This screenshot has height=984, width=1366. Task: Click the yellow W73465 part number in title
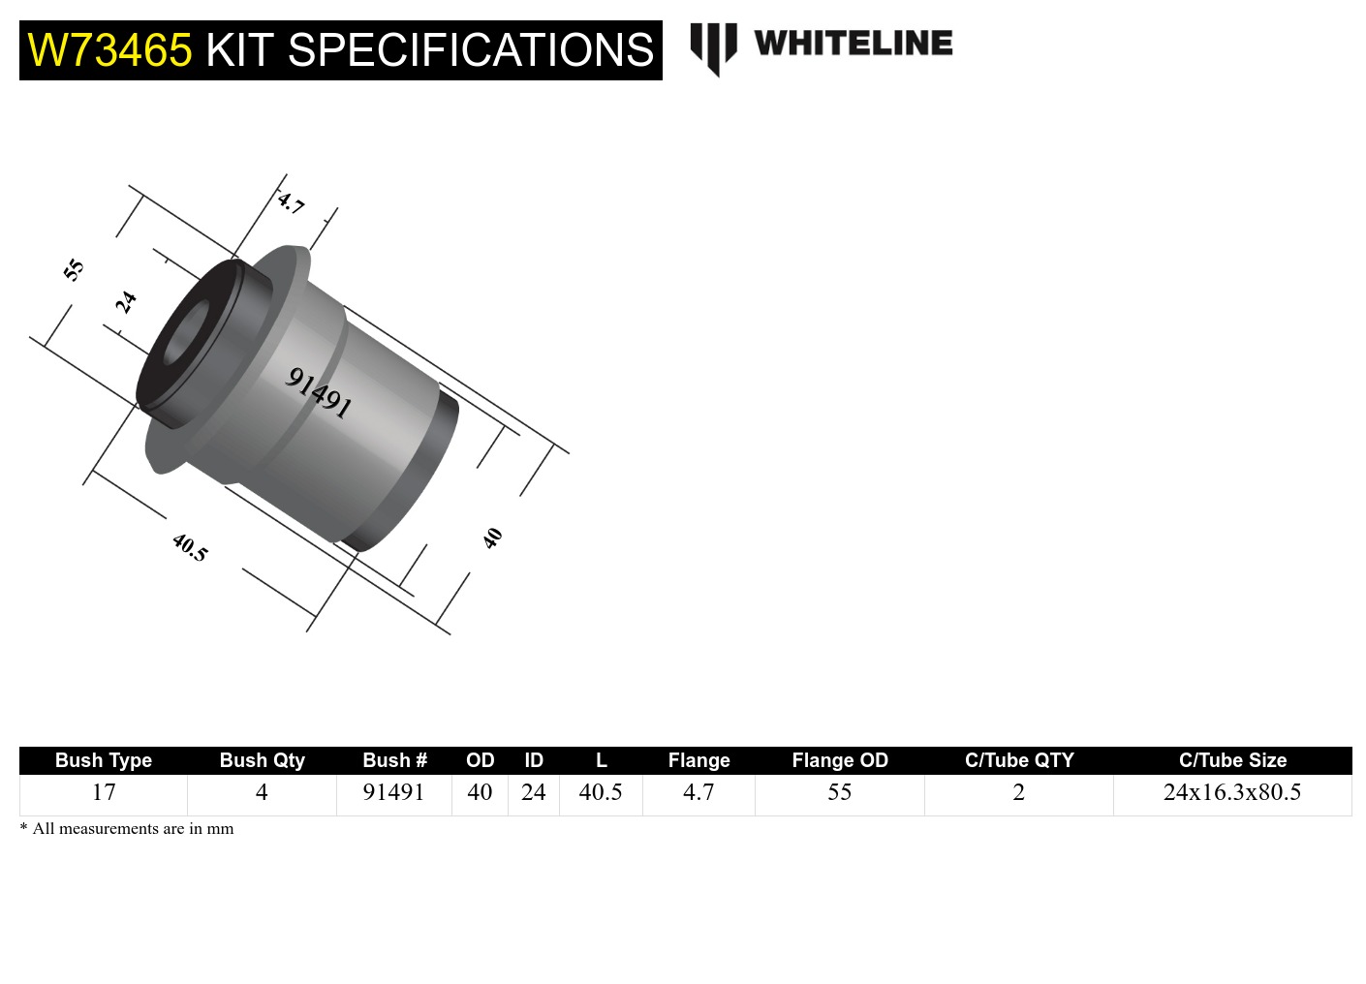click(x=109, y=50)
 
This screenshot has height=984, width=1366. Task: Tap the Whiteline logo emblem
click(x=713, y=47)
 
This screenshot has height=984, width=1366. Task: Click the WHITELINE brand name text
click(x=853, y=44)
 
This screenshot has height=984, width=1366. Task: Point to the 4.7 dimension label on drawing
click(x=291, y=202)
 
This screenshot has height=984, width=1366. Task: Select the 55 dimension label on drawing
click(x=74, y=269)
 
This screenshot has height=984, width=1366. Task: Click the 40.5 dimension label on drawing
click(x=190, y=547)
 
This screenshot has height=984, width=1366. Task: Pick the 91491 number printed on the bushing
click(x=318, y=391)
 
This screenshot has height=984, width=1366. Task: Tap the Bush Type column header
click(x=103, y=760)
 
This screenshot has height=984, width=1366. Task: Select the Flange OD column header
click(x=839, y=760)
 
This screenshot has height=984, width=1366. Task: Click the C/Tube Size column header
click(x=1232, y=760)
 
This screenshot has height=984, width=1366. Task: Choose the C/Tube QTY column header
click(x=1019, y=760)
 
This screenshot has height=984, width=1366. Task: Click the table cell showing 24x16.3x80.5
click(x=1231, y=792)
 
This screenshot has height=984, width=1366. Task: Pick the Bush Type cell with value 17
click(x=104, y=792)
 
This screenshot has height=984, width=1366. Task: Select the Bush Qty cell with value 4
click(x=262, y=792)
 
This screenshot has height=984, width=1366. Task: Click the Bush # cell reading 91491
click(x=393, y=792)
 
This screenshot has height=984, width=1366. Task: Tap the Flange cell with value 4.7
click(x=699, y=792)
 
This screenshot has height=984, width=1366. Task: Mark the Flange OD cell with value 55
click(x=839, y=792)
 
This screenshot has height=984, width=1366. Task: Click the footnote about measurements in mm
click(x=127, y=829)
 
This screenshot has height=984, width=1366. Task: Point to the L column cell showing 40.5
click(x=601, y=792)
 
